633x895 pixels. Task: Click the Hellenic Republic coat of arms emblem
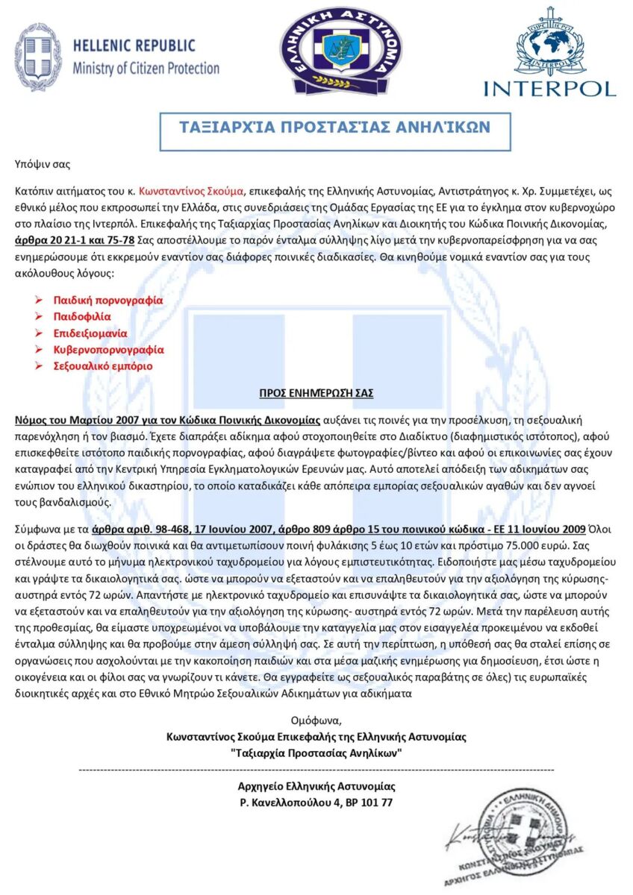point(38,57)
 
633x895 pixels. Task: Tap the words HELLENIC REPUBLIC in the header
point(134,46)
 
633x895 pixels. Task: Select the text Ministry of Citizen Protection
point(146,69)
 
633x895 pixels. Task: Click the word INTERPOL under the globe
point(549,87)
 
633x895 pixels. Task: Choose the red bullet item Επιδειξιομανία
point(90,333)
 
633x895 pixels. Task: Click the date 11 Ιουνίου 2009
point(546,528)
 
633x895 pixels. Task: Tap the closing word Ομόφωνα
point(316,720)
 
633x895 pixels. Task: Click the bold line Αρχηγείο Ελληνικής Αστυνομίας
point(316,786)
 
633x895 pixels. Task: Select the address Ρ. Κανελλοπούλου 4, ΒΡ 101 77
point(316,803)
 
